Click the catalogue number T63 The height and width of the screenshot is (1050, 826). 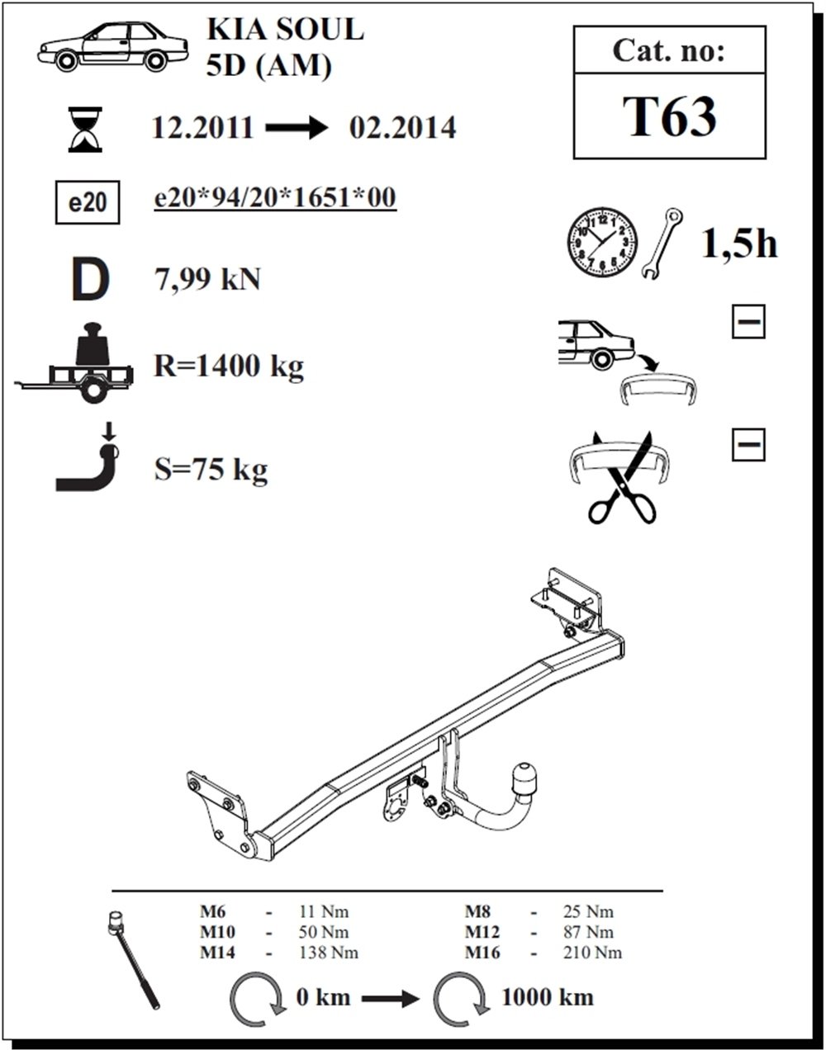tap(669, 116)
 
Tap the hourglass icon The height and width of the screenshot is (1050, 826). tap(85, 130)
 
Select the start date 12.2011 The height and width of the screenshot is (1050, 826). tap(203, 128)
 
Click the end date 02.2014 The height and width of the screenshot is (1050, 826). tap(403, 128)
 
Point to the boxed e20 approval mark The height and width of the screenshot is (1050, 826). tap(88, 202)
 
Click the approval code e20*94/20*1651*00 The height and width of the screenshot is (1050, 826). tap(275, 197)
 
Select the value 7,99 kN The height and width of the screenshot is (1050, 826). tap(207, 280)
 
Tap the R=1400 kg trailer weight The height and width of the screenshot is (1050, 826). tap(229, 366)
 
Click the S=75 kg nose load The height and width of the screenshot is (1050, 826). tap(211, 470)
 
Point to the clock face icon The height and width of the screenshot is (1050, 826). tap(602, 243)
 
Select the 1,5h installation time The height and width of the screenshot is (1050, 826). tap(739, 244)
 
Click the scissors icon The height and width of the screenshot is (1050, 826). tap(621, 478)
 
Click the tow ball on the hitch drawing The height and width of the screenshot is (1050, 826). tap(524, 778)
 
